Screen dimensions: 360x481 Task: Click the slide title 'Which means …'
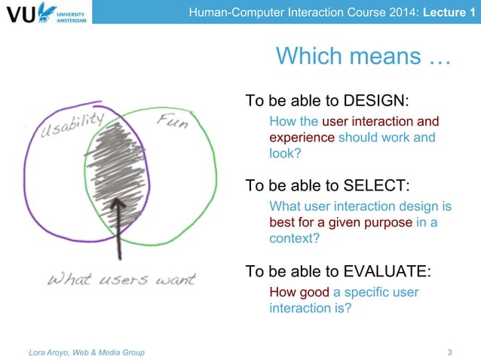tap(363, 56)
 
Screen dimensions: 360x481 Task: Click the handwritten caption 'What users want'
tap(121, 279)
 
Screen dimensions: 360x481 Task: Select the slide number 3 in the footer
tap(450, 352)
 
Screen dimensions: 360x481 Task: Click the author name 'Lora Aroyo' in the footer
tap(47, 352)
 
